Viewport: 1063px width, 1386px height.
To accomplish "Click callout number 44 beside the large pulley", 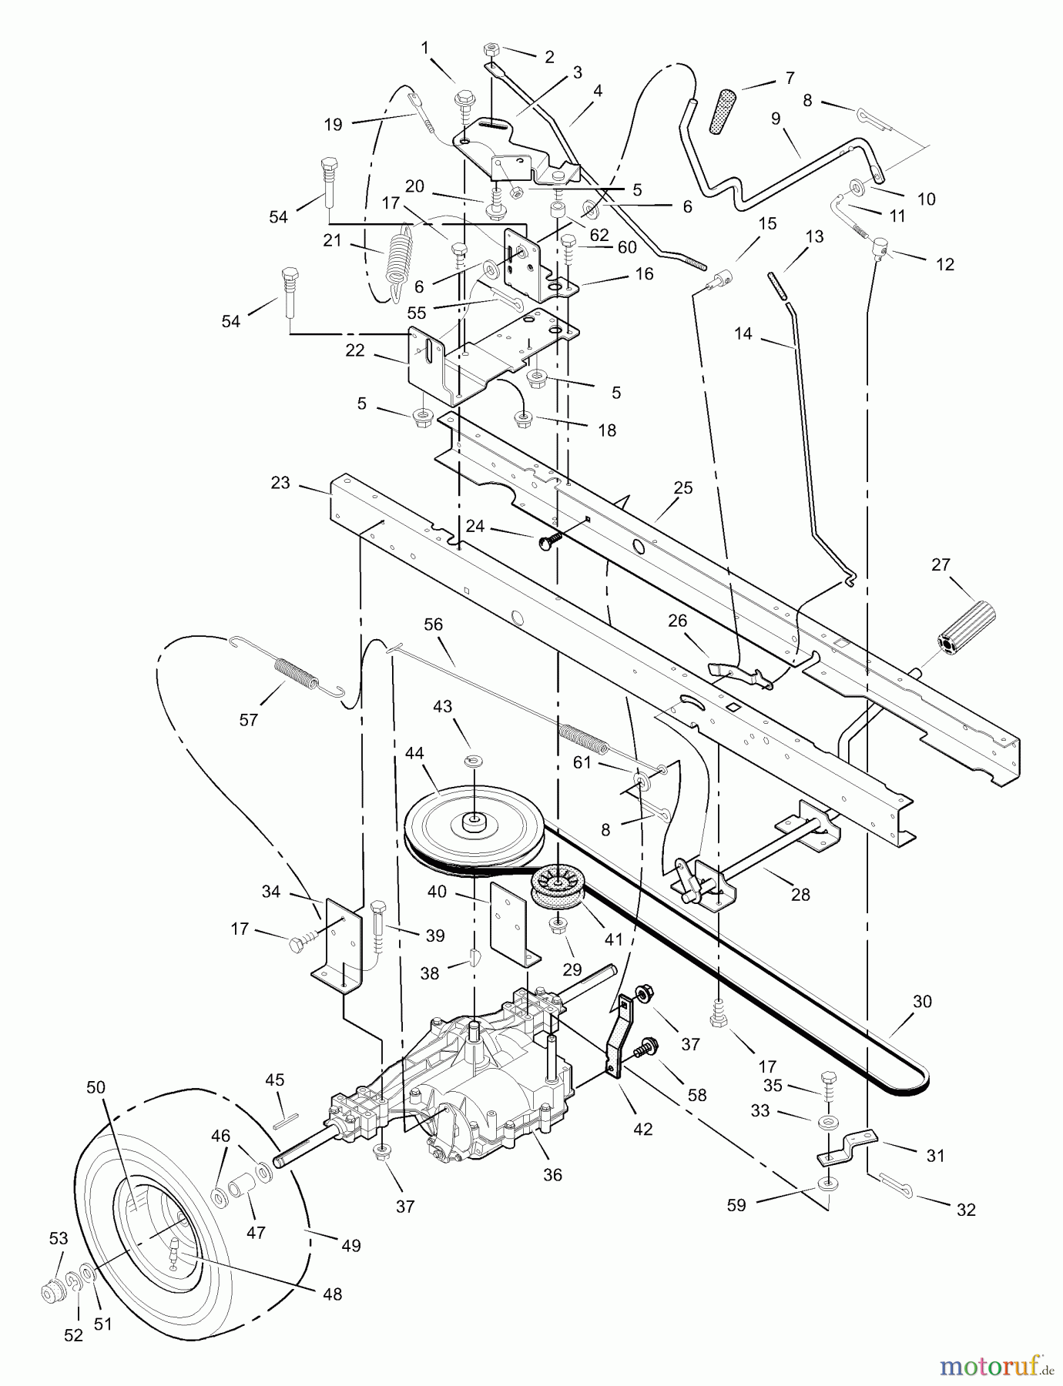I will tap(414, 753).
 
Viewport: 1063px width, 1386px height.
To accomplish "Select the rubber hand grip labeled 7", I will tap(724, 112).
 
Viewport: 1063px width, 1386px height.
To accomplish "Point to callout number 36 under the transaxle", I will tap(552, 1175).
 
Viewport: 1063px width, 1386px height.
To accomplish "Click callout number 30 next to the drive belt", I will tap(922, 1002).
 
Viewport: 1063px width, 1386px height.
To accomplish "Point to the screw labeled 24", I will tap(549, 541).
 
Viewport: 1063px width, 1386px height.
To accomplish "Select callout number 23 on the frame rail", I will tap(280, 483).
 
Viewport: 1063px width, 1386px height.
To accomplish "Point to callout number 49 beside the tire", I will tap(350, 1245).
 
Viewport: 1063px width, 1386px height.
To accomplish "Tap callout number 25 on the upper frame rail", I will tap(682, 488).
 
